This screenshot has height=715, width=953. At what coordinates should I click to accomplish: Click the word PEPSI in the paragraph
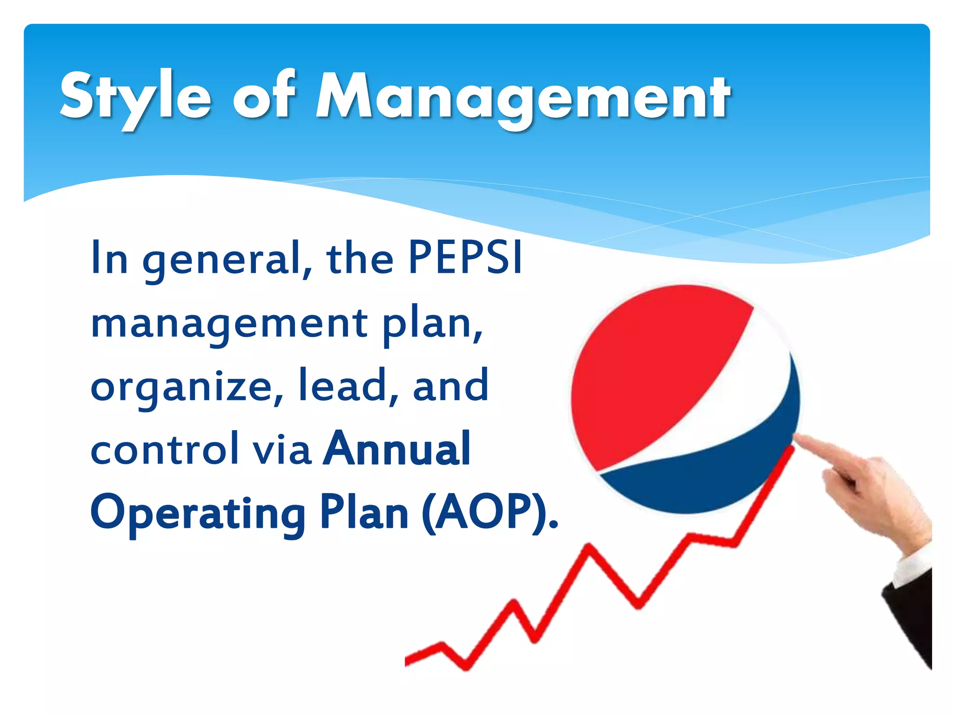click(x=465, y=258)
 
